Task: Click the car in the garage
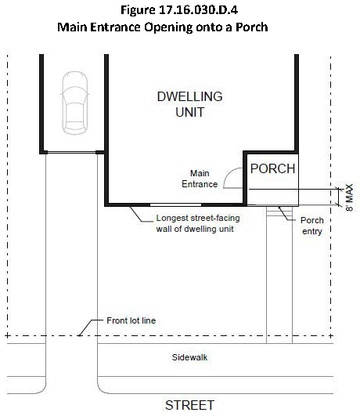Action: [75, 103]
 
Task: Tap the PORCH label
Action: [272, 168]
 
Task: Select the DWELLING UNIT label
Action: [190, 104]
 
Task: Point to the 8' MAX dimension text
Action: [349, 197]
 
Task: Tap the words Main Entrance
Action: [200, 179]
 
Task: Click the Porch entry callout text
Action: [312, 226]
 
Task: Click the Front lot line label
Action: [131, 320]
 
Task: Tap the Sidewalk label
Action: [189, 357]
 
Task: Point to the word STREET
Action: [189, 405]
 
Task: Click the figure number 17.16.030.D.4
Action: [198, 10]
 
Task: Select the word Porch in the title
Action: [251, 27]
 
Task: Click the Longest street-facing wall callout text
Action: [198, 223]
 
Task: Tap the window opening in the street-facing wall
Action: [175, 204]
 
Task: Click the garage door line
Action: [71, 152]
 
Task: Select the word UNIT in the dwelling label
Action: [190, 112]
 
